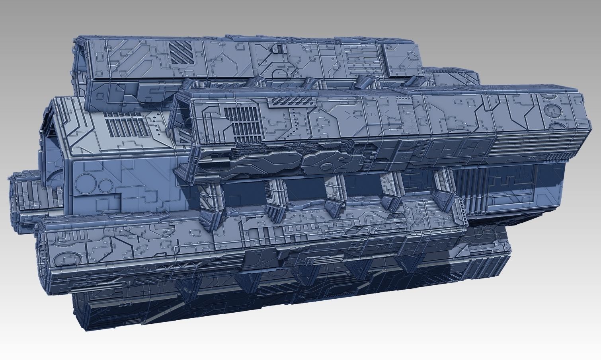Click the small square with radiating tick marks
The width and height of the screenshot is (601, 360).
tap(357, 114)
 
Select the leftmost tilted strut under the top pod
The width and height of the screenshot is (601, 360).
tap(255, 84)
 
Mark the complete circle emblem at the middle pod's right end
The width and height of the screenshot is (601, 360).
tap(551, 109)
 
